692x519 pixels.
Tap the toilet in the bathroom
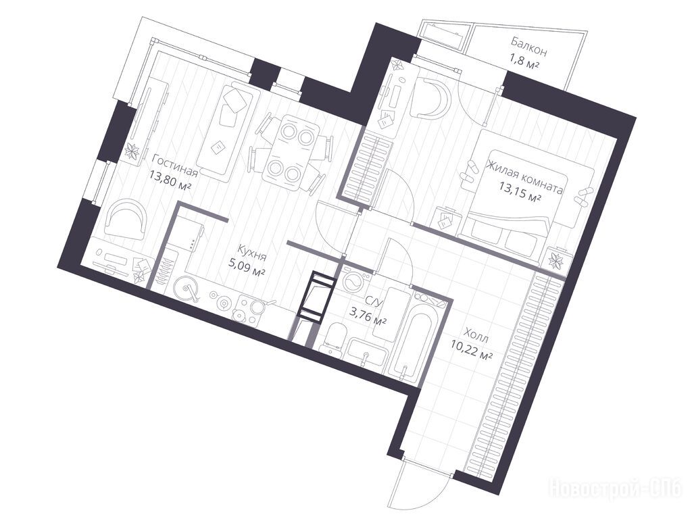coord(335,338)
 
